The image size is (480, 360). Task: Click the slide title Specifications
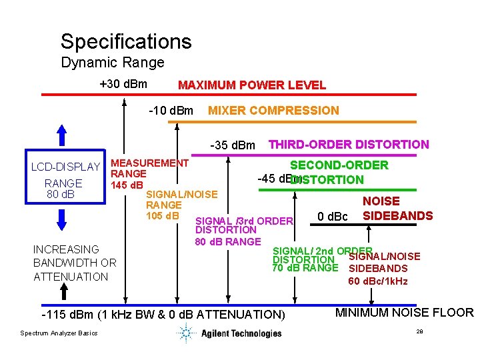click(126, 41)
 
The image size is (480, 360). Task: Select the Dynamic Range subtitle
click(112, 63)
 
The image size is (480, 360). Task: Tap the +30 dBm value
click(123, 85)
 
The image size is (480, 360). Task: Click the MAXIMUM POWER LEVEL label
click(251, 85)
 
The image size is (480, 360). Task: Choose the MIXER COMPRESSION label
click(273, 111)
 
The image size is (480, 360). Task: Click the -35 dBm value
click(233, 145)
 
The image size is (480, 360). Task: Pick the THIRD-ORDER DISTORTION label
click(348, 144)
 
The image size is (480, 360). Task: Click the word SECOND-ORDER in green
click(339, 165)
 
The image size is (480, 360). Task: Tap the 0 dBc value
click(333, 217)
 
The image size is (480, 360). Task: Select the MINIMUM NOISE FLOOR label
click(404, 313)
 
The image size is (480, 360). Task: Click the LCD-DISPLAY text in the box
click(65, 167)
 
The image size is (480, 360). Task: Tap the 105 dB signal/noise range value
click(163, 215)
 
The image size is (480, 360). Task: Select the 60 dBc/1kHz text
click(378, 281)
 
